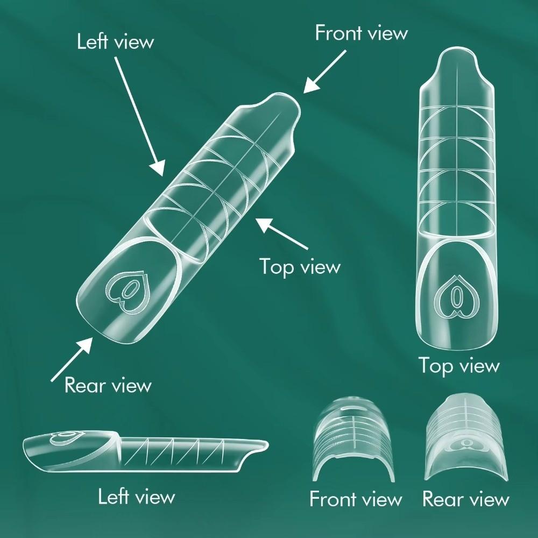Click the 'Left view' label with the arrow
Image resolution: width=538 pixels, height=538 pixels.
[x=115, y=41]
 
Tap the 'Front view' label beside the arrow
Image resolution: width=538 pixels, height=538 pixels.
[x=361, y=33]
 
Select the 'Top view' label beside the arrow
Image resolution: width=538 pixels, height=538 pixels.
[x=300, y=266]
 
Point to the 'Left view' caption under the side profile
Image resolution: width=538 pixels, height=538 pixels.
[x=136, y=496]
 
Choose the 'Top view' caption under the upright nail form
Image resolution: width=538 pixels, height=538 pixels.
[x=459, y=366]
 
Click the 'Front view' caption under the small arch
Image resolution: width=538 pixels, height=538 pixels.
[x=356, y=499]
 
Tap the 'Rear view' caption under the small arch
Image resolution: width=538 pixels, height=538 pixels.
[x=465, y=499]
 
